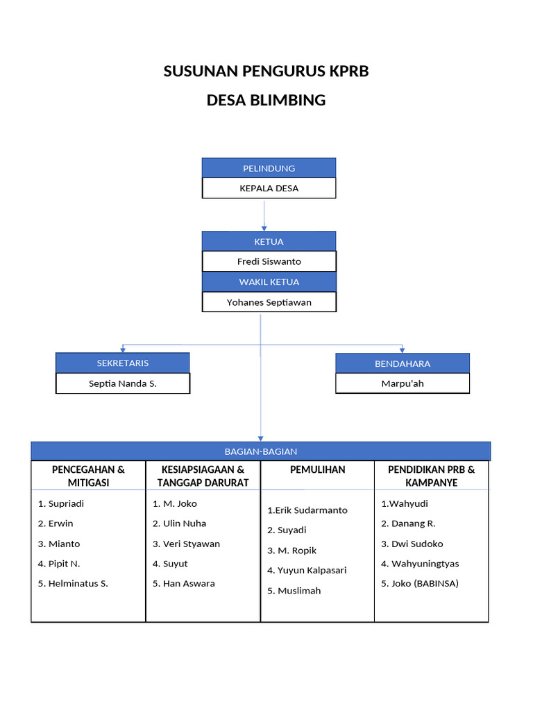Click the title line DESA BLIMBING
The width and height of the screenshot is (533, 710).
[266, 100]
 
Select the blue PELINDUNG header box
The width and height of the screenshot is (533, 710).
[269, 168]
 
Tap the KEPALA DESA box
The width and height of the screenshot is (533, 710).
[269, 188]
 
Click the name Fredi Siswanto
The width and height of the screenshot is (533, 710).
[269, 261]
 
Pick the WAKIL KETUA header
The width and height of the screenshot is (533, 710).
[269, 282]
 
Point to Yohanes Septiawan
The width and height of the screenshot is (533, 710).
[269, 302]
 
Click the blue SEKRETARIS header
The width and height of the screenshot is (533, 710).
[122, 363]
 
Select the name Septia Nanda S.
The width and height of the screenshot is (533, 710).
[122, 383]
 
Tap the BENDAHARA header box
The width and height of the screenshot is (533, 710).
[403, 363]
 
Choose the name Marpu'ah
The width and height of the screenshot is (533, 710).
[403, 383]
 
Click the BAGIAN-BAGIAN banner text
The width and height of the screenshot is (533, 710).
[261, 451]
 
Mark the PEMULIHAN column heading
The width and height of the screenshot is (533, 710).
[317, 469]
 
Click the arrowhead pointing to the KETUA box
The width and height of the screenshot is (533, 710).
[264, 227]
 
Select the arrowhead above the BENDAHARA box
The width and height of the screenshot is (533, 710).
[403, 350]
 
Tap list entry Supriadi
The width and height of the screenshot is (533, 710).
[65, 503]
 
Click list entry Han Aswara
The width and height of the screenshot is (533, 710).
[188, 583]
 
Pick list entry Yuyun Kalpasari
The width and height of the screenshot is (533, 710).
[312, 570]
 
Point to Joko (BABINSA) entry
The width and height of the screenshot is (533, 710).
[424, 583]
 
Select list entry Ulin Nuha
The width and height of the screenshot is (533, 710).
[184, 523]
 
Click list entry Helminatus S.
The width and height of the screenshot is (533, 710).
[78, 583]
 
